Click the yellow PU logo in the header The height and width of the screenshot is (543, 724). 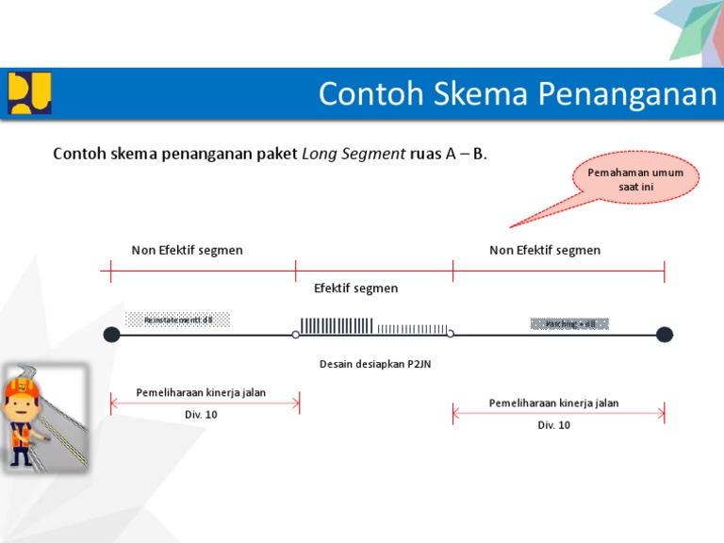(29, 93)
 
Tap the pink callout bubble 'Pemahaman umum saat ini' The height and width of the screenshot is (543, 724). (635, 180)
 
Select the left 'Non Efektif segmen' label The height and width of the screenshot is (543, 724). (187, 250)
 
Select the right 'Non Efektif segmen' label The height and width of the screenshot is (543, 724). (545, 250)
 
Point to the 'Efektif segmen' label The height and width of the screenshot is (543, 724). (355, 288)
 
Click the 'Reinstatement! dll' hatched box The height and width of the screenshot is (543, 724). (178, 320)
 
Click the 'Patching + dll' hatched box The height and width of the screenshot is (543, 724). (570, 323)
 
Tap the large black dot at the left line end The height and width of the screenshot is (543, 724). (111, 334)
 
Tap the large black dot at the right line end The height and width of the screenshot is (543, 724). (665, 334)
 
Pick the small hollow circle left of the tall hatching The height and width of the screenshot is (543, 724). (295, 334)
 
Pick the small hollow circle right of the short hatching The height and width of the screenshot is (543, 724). (451, 334)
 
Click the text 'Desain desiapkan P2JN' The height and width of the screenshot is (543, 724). (374, 364)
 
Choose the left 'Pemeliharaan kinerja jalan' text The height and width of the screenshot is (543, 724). (201, 392)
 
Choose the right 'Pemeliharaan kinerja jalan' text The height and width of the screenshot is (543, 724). (553, 403)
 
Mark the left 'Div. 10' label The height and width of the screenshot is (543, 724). (201, 415)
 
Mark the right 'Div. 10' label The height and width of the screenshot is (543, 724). (553, 425)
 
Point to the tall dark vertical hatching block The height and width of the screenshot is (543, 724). (336, 325)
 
